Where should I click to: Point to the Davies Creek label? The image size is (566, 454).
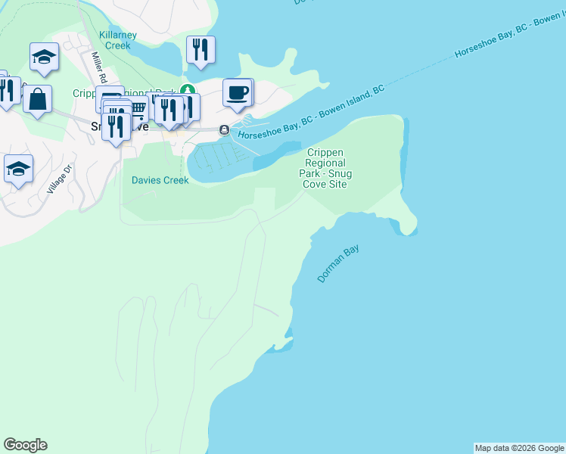click(160, 180)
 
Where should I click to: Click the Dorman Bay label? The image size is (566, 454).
click(337, 263)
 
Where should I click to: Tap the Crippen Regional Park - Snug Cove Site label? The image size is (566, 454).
click(325, 168)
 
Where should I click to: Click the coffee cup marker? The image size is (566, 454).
click(237, 92)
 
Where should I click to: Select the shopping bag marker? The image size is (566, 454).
click(37, 98)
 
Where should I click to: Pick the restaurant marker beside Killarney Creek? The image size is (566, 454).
click(201, 49)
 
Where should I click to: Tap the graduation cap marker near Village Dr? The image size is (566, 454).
click(18, 168)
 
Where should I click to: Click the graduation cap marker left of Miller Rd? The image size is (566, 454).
click(44, 56)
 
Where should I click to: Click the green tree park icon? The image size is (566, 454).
click(188, 91)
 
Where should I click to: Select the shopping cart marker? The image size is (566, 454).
click(138, 107)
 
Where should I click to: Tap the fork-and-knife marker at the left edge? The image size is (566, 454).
click(6, 89)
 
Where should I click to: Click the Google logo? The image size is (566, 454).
click(25, 445)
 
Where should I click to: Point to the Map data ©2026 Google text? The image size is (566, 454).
click(519, 448)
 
